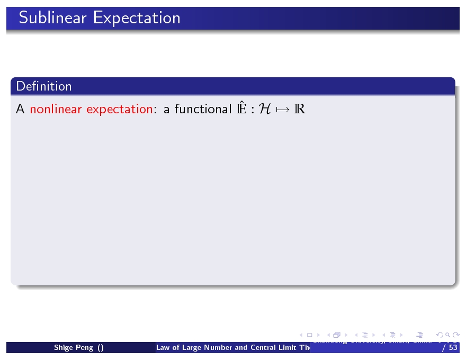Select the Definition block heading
coord(44,86)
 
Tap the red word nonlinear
coord(56,109)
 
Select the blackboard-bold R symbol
coord(300,110)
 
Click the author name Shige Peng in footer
coord(74,348)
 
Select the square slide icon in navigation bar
coord(310,335)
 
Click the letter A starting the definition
coord(20,110)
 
